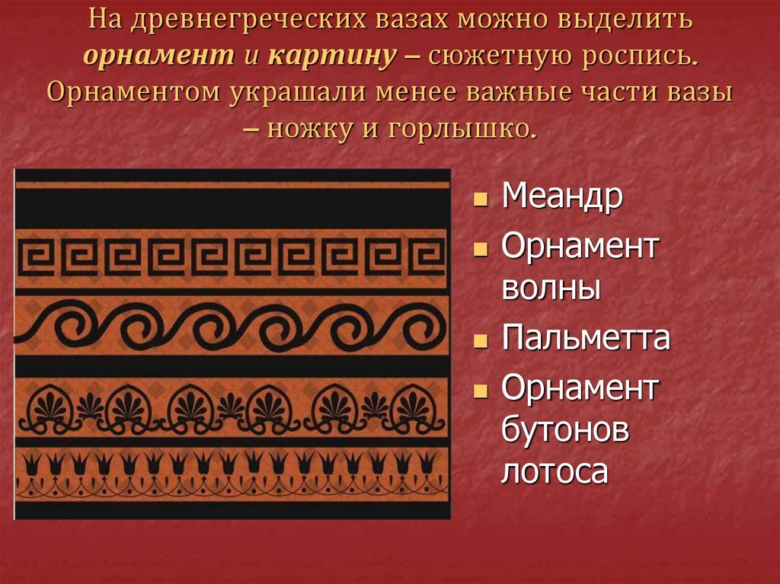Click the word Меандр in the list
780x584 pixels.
[x=562, y=196]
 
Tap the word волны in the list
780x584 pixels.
[x=551, y=289]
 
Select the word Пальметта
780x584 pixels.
[x=586, y=337]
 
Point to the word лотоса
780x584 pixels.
[x=555, y=471]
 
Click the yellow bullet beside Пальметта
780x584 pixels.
[x=481, y=341]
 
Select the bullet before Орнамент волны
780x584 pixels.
[x=481, y=249]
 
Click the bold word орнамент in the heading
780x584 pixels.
[x=158, y=56]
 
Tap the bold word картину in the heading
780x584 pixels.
[x=332, y=56]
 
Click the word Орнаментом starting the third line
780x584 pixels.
[x=133, y=93]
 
